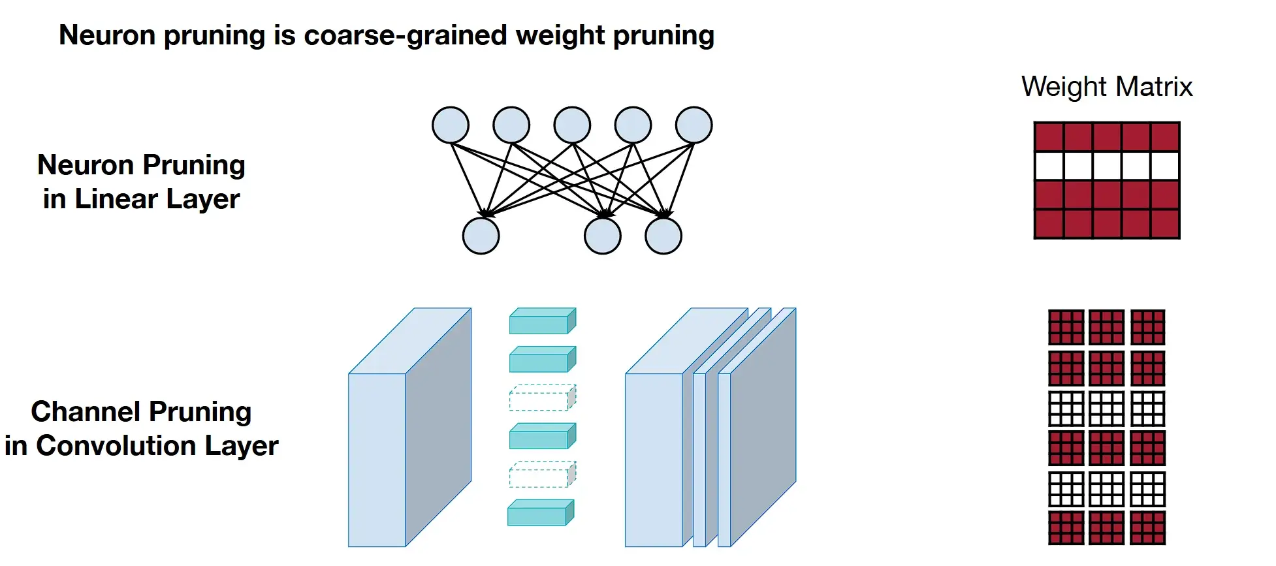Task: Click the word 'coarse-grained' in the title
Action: click(406, 35)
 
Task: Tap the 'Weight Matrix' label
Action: click(1107, 87)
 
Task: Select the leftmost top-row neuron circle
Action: click(451, 125)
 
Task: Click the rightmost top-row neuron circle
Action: click(694, 125)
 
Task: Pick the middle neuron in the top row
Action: click(572, 125)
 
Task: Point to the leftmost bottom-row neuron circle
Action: click(481, 236)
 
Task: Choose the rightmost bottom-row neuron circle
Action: click(663, 236)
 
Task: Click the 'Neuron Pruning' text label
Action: click(141, 165)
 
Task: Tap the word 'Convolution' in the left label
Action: click(116, 446)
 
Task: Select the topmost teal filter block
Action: click(542, 321)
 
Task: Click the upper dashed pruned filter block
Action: click(542, 398)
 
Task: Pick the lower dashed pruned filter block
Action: click(542, 475)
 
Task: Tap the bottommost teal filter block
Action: click(541, 512)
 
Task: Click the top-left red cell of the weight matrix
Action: click(1049, 137)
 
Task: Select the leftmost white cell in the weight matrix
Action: click(1049, 166)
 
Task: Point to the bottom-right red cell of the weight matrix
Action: click(1165, 224)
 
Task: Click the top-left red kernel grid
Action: click(1066, 327)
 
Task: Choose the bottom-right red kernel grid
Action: click(1147, 528)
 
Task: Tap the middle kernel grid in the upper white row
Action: click(1107, 408)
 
